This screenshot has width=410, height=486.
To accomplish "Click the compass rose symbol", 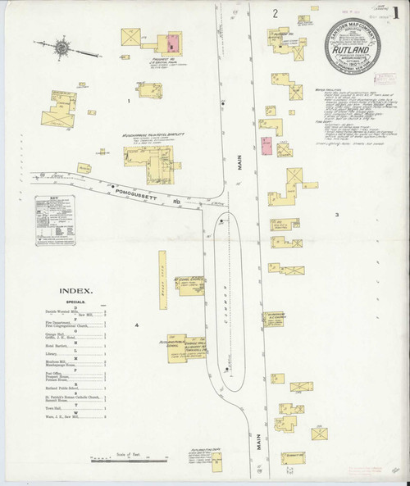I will (60, 49).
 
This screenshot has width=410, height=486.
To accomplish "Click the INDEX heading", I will (76, 290).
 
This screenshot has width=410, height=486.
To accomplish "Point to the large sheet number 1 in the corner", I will (396, 14).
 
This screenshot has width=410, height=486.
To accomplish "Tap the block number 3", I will (336, 215).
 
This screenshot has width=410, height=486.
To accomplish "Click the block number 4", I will (138, 326).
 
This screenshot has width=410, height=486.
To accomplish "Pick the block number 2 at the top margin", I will (276, 13).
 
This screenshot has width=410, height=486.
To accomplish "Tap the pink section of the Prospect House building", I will (173, 39).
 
